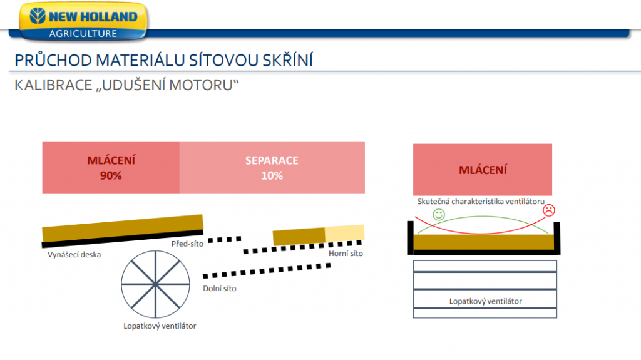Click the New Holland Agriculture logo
click(x=83, y=21)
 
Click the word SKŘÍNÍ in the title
click(x=287, y=60)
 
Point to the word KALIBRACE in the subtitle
click(x=54, y=85)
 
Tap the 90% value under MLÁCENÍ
click(x=111, y=175)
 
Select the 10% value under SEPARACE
click(x=272, y=175)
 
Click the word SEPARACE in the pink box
click(x=272, y=160)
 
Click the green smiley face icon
click(x=439, y=214)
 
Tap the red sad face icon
click(x=548, y=210)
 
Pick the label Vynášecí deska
click(x=74, y=254)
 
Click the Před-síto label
click(x=187, y=244)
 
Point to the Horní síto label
click(x=346, y=254)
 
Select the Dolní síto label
click(x=220, y=289)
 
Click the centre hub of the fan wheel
click(x=155, y=284)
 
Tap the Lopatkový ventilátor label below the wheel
click(x=160, y=326)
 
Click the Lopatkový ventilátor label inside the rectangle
click(x=485, y=301)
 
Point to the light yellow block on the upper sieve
click(x=345, y=234)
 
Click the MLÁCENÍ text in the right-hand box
click(x=483, y=170)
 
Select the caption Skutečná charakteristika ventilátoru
click(x=481, y=201)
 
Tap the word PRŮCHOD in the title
click(x=53, y=60)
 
